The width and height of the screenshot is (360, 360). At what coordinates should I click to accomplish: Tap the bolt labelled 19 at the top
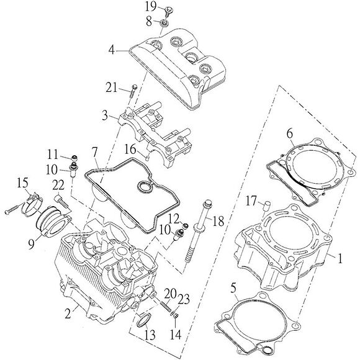point(169,11)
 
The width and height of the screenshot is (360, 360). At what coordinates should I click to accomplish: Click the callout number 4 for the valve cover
point(111,50)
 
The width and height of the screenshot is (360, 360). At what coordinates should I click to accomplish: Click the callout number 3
point(105,115)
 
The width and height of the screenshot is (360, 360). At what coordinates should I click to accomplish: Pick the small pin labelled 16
point(148,158)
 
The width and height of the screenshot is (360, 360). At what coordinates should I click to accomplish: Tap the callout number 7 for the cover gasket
point(94,152)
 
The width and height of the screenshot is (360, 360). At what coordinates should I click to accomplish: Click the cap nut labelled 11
point(74,158)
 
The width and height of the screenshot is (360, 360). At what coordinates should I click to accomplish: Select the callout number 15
point(23,183)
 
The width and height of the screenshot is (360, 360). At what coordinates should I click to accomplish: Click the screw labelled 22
point(61,201)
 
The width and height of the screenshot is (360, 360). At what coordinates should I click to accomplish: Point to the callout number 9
point(31,244)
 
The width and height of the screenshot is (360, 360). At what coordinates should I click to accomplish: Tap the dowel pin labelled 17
point(268,205)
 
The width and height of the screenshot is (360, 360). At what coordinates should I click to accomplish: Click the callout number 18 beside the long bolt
point(218,222)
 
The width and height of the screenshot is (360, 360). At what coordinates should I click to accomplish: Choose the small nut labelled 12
point(186,226)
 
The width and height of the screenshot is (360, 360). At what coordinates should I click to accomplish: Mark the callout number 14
point(176,335)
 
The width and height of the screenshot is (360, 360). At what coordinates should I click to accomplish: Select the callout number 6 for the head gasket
point(290,133)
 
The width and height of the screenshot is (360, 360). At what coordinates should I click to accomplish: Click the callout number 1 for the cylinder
point(340,258)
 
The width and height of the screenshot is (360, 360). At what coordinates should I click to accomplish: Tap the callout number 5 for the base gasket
point(233,287)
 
